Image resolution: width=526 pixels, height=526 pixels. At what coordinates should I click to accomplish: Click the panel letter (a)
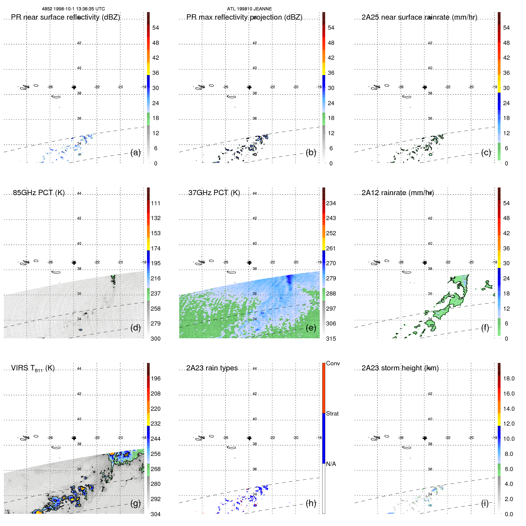[135, 153]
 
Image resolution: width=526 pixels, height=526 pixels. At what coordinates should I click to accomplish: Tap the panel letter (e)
[311, 328]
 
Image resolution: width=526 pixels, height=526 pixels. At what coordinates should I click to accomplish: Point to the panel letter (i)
[485, 503]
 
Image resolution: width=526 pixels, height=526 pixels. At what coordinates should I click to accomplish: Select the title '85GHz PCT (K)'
[39, 193]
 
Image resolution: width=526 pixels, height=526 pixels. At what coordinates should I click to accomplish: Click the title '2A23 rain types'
[212, 368]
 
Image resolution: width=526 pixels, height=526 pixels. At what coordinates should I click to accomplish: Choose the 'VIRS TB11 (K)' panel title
[33, 368]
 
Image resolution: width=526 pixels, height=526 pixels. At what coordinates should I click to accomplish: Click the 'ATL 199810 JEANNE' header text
[249, 9]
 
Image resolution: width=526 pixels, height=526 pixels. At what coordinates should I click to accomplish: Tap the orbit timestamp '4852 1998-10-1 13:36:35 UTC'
[73, 9]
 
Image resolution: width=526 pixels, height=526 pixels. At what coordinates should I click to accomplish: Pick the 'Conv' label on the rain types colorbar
[333, 363]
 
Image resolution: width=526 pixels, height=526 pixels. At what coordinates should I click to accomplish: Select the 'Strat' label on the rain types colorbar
[332, 413]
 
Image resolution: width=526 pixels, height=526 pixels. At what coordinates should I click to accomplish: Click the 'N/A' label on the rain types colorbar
[331, 464]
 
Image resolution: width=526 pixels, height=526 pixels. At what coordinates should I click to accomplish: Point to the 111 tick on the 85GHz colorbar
[156, 203]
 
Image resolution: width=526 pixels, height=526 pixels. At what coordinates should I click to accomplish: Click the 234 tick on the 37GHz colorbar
[331, 203]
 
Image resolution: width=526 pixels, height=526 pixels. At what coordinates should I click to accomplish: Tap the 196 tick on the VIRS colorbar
[156, 378]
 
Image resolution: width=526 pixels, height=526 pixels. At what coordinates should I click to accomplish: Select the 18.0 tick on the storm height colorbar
[509, 378]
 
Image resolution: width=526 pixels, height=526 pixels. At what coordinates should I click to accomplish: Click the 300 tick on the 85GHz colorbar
[156, 339]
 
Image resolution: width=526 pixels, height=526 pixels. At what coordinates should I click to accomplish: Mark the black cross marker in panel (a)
[74, 87]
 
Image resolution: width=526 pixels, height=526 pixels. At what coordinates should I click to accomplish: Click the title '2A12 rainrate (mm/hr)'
[398, 193]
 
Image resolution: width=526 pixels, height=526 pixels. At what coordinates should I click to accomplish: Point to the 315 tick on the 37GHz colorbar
[331, 339]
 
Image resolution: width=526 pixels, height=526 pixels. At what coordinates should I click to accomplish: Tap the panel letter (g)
[135, 503]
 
